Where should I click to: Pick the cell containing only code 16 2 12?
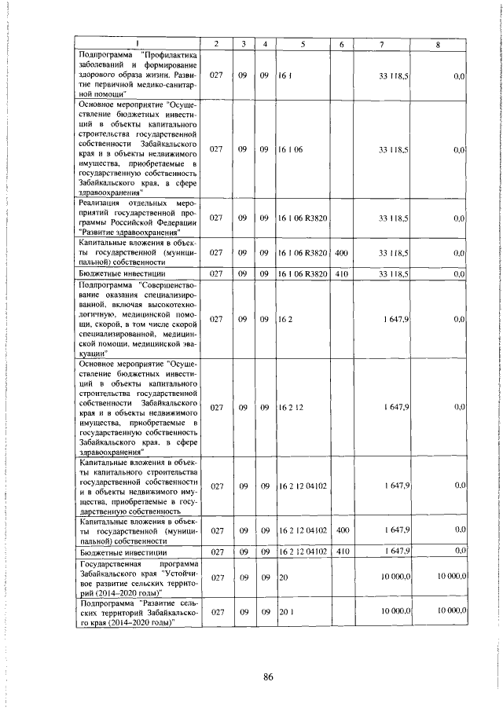click(x=291, y=407)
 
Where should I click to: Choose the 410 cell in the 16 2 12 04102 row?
click(x=341, y=552)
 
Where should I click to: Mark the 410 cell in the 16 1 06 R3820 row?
click(x=341, y=273)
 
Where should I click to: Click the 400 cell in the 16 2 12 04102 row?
click(x=341, y=531)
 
